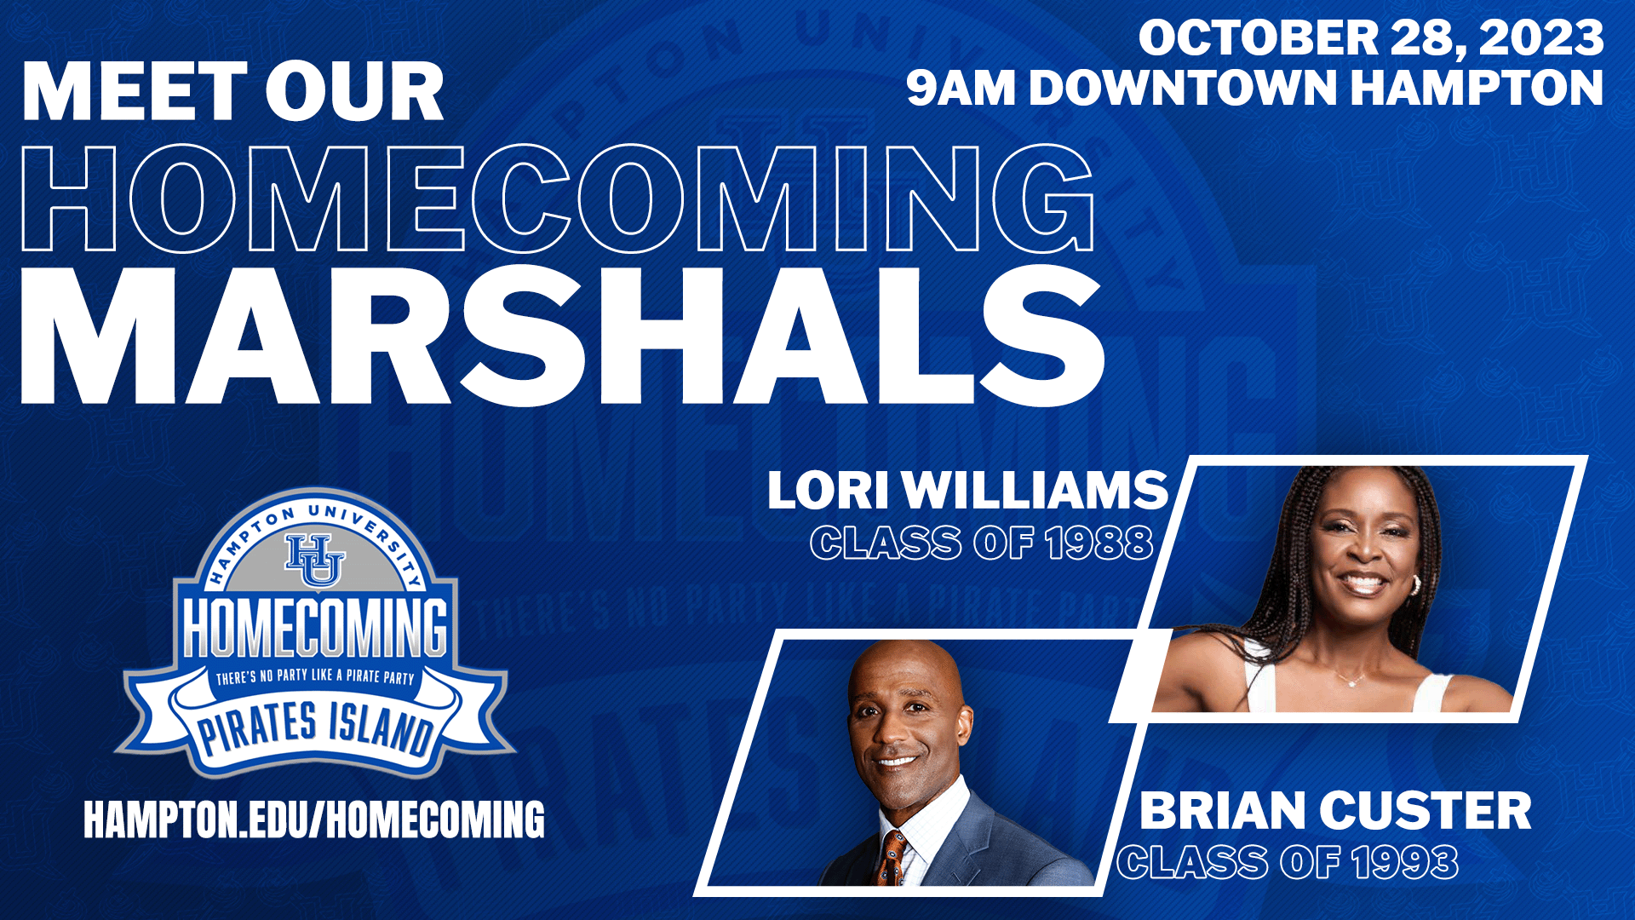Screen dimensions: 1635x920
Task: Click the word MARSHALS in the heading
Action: [x=562, y=335]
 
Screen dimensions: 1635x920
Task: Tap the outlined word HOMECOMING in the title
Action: [x=558, y=198]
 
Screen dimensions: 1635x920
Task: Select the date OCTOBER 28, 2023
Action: [x=1371, y=38]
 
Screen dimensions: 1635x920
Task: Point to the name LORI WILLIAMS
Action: [x=967, y=491]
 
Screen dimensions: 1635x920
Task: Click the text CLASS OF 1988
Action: [x=982, y=543]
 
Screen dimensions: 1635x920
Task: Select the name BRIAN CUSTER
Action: [x=1335, y=810]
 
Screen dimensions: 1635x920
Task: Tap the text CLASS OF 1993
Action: [x=1288, y=862]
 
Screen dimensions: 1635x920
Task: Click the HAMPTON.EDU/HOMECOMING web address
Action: [x=314, y=819]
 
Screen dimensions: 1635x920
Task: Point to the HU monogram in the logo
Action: [x=315, y=560]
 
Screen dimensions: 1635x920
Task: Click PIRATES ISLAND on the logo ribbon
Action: [x=315, y=728]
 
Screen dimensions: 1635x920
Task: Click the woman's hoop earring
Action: [x=1415, y=585]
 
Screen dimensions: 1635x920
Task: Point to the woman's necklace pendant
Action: [x=1351, y=681]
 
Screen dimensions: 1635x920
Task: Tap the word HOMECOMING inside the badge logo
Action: [x=315, y=628]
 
